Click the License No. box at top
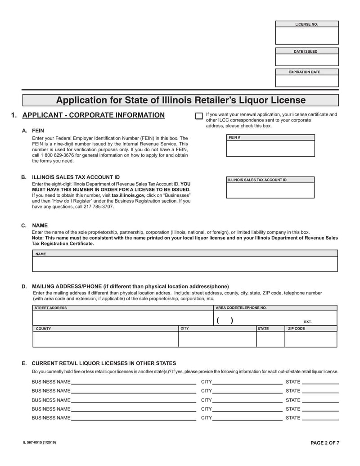(x=306, y=36)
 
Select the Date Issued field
(x=306, y=60)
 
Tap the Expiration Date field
(x=306, y=81)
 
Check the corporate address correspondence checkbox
(x=198, y=116)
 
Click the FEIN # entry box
(x=270, y=149)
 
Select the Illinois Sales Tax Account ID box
(x=270, y=190)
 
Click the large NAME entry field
(x=184, y=264)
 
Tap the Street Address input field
(x=122, y=318)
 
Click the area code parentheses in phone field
(x=224, y=321)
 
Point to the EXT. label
(x=308, y=322)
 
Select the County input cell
(x=105, y=339)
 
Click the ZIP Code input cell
(x=310, y=339)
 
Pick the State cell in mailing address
(x=270, y=339)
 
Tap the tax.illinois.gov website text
(x=128, y=196)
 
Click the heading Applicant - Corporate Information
(x=93, y=115)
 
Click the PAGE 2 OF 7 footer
(x=325, y=443)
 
